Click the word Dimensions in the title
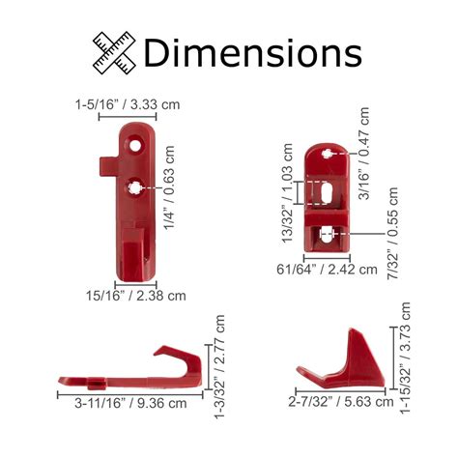[252, 50]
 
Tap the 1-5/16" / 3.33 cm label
[129, 104]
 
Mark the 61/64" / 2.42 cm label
[327, 270]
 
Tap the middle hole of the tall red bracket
[136, 186]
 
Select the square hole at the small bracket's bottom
[329, 233]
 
